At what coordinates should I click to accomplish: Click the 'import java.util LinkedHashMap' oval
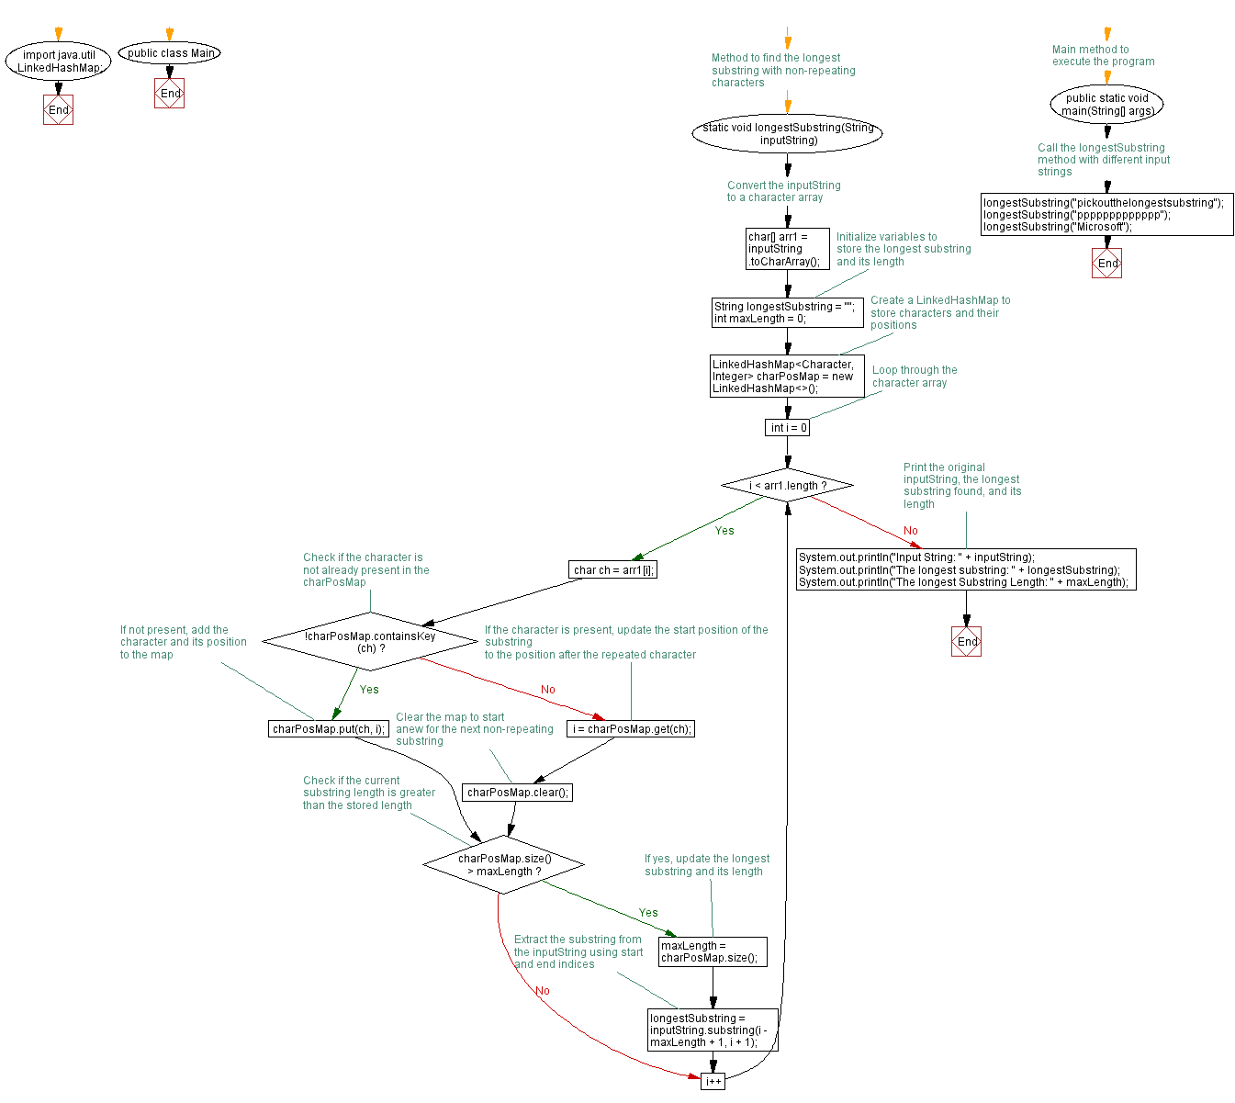(58, 62)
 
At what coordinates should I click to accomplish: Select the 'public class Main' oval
(170, 53)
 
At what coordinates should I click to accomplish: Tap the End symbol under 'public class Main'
(170, 94)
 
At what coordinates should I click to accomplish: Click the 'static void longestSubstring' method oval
(787, 134)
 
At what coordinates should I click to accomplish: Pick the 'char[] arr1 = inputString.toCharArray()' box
(788, 249)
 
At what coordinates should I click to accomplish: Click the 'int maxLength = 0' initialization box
(787, 313)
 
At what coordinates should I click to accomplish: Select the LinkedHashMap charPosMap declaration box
(787, 377)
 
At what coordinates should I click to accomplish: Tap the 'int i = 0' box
(788, 428)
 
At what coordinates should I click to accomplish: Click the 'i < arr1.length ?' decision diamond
(788, 485)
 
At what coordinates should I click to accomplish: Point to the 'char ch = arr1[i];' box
(613, 570)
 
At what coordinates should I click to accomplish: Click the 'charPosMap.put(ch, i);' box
(328, 729)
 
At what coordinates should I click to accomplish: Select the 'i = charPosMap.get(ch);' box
(631, 729)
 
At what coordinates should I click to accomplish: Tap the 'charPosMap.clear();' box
(517, 793)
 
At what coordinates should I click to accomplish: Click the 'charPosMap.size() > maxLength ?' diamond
(503, 865)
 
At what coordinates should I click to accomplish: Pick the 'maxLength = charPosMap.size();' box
(713, 952)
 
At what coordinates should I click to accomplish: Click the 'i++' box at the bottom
(713, 1081)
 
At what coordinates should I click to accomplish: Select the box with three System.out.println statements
(966, 569)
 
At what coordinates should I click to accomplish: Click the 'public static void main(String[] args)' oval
(1106, 105)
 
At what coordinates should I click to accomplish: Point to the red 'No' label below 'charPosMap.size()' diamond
(543, 991)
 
